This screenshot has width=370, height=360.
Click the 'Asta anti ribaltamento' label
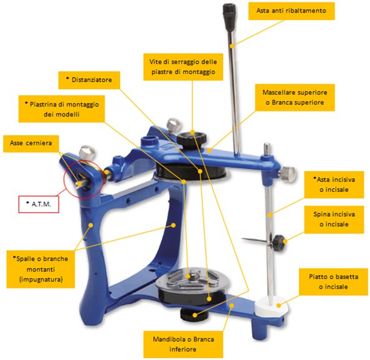pyautogui.click(x=292, y=11)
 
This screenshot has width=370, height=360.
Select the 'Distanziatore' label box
pyautogui.click(x=89, y=80)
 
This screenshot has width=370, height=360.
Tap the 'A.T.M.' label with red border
pyautogui.click(x=39, y=204)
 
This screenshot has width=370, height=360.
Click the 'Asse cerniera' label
pyautogui.click(x=31, y=143)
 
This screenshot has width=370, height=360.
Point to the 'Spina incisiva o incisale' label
pyautogui.click(x=334, y=219)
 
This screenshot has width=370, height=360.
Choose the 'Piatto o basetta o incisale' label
pyautogui.click(x=333, y=282)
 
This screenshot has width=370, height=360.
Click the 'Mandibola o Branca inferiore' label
pyautogui.click(x=183, y=344)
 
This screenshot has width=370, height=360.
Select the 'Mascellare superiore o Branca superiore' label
pyautogui.click(x=295, y=97)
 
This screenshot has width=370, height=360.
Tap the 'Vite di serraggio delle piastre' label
pyautogui.click(x=183, y=67)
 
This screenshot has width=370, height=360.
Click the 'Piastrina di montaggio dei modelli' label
pyautogui.click(x=62, y=109)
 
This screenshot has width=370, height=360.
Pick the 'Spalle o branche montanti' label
pyautogui.click(x=40, y=269)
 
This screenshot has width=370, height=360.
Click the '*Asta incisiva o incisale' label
pyautogui.click(x=334, y=185)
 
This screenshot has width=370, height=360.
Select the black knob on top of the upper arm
pyautogui.click(x=191, y=140)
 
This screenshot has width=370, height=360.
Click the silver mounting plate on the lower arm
pyautogui.click(x=192, y=279)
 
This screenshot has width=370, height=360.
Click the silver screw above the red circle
pyautogui.click(x=87, y=153)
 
